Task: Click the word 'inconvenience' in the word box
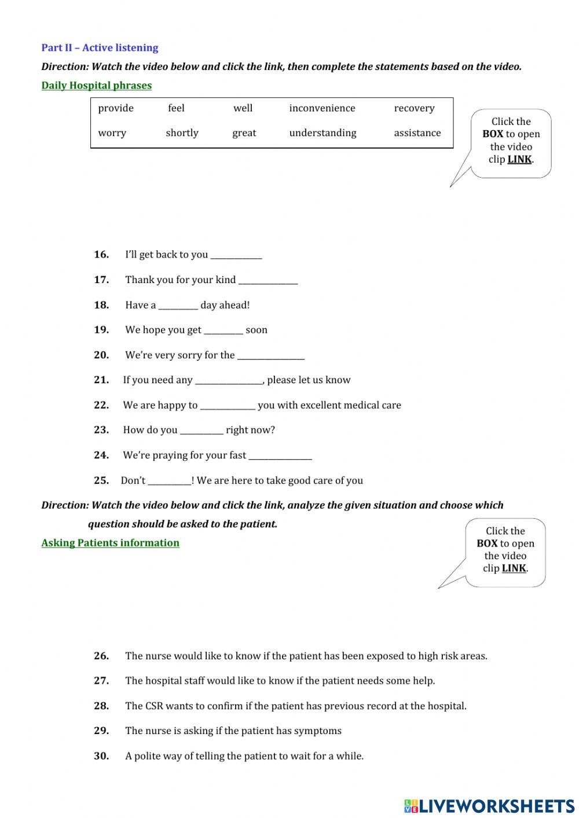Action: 322,108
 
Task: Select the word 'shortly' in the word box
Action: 182,133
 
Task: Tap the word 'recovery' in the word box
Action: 414,108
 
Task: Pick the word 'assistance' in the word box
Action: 417,133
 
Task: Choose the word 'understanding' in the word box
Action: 323,133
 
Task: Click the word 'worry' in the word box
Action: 112,133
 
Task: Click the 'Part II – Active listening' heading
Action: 100,48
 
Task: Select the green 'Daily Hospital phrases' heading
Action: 96,86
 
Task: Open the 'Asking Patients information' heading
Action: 110,543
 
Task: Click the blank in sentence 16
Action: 236,255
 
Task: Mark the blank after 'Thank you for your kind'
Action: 268,281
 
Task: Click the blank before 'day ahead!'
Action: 178,306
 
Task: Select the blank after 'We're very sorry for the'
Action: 270,356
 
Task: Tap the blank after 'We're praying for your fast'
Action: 280,456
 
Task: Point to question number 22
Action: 101,405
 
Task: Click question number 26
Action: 101,656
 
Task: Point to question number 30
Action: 101,756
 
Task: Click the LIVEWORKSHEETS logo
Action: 489,806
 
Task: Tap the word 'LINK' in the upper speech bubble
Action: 519,159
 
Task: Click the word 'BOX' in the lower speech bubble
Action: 487,544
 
